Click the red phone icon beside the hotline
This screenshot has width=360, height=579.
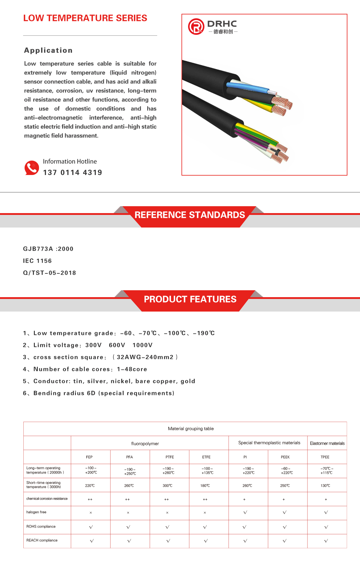(31, 168)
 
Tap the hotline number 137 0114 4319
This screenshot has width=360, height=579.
(72, 173)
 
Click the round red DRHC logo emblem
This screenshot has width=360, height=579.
(196, 26)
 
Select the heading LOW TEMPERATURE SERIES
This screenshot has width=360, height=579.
(85, 18)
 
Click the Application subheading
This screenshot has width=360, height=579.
(48, 50)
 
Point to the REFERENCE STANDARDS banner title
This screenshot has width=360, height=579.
(190, 215)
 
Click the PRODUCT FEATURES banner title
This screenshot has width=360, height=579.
(190, 299)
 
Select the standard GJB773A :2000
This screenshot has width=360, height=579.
(48, 249)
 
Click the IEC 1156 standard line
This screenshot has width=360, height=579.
(37, 261)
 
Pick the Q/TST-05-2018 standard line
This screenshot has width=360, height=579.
(49, 273)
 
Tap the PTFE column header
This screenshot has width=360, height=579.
(169, 457)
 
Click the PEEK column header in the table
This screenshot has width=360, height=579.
(285, 457)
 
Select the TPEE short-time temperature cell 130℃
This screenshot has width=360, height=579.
(325, 486)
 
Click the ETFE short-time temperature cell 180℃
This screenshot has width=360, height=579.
(205, 486)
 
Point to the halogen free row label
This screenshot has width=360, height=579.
(36, 512)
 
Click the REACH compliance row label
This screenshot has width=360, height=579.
(42, 540)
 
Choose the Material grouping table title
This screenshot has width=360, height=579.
(191, 429)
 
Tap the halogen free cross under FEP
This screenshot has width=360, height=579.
(91, 513)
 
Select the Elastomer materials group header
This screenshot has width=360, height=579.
(327, 443)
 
